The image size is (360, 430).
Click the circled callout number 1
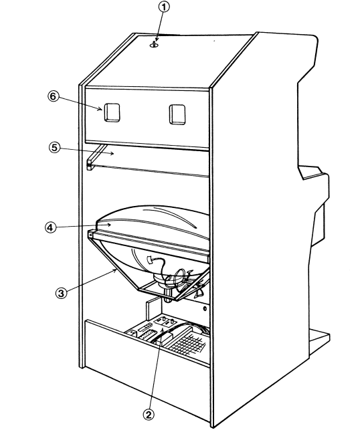click(163, 7)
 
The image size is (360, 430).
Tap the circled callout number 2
click(149, 415)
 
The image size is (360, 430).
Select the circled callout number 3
click(61, 293)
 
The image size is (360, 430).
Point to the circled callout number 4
click(50, 227)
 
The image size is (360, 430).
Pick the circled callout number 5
click(54, 148)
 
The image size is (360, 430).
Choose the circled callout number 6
click(53, 96)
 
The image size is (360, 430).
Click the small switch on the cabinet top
click(154, 44)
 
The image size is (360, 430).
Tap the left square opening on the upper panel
click(112, 112)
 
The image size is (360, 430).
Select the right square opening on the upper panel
click(177, 114)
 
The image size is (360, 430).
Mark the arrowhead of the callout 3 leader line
click(116, 270)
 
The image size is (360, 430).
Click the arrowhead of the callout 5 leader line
click(112, 154)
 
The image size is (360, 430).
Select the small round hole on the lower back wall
click(205, 309)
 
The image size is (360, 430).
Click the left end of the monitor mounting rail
click(90, 234)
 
